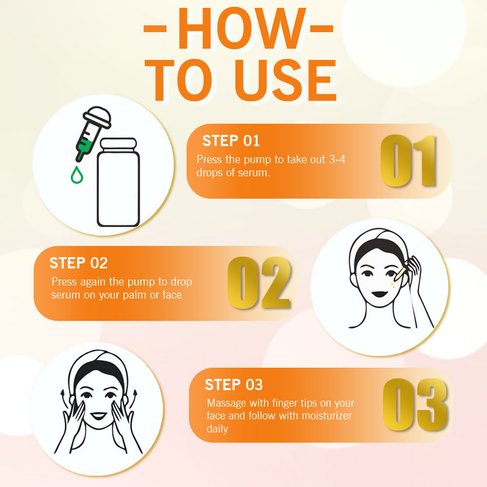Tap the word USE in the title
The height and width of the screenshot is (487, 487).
click(x=286, y=80)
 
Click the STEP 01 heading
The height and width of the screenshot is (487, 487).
click(x=231, y=141)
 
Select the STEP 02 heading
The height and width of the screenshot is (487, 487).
click(x=78, y=263)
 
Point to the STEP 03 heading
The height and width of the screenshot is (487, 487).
click(x=234, y=385)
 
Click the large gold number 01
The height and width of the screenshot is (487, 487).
click(x=408, y=161)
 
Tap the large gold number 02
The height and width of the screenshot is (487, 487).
click(x=259, y=282)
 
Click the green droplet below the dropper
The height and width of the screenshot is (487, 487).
click(x=77, y=175)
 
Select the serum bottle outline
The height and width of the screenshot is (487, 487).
click(x=118, y=182)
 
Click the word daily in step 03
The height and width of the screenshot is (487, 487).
click(x=217, y=429)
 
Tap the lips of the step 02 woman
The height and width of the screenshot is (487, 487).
click(x=379, y=294)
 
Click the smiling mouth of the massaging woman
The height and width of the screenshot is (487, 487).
click(x=98, y=415)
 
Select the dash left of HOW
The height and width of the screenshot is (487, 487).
click(x=155, y=29)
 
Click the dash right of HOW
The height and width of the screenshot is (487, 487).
click(x=322, y=29)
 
